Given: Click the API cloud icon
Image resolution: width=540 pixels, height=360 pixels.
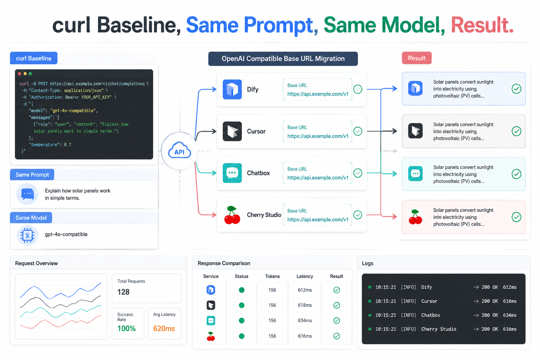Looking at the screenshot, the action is pos(179,150).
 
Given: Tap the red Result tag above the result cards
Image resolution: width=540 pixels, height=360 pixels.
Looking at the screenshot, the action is pos(417,58).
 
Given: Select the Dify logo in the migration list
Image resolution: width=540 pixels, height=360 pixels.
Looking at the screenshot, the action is pos(232,89).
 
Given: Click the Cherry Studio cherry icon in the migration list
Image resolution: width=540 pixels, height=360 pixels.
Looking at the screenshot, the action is pos(232,215).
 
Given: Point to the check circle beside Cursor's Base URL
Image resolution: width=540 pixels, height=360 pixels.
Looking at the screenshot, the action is pos(358,131).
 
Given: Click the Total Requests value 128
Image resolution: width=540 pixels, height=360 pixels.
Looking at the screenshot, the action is pos(123,292).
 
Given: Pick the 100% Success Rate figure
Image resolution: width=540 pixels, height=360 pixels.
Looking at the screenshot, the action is pos(127,328).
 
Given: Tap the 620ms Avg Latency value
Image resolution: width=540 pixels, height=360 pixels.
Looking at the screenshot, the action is pos(164,328).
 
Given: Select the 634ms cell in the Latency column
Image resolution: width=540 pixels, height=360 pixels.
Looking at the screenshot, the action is pos(305,321).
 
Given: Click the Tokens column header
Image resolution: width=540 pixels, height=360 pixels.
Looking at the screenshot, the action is pos(272,276).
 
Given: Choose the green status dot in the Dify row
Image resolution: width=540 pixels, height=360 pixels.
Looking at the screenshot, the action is pos(242,290).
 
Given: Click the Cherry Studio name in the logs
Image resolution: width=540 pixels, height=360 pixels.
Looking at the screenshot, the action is pos(439,329).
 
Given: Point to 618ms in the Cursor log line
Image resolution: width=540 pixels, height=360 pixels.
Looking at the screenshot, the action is pos(510,301).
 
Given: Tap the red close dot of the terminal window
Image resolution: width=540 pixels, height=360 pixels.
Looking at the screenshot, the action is pos(20,73).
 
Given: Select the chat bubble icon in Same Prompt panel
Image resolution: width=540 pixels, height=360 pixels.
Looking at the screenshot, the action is pos(27,194).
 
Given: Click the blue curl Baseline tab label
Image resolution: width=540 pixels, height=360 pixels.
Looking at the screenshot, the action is pos(33,58).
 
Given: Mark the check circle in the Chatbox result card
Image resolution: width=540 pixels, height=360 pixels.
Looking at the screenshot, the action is pos(516,174).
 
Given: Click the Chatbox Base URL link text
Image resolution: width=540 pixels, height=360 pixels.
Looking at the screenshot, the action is pos(318,178).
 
